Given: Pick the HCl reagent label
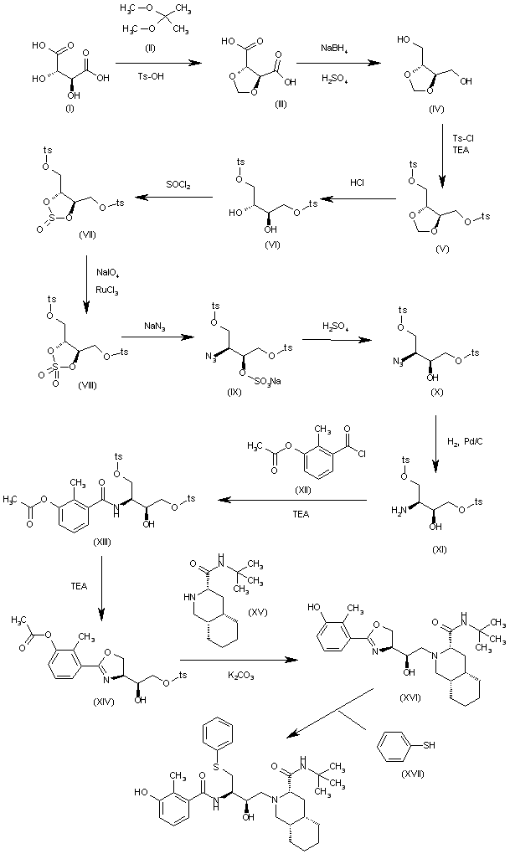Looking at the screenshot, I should [x=359, y=182].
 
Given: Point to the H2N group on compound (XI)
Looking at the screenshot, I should [x=397, y=508].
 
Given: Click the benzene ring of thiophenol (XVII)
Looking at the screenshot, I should [x=393, y=743].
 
